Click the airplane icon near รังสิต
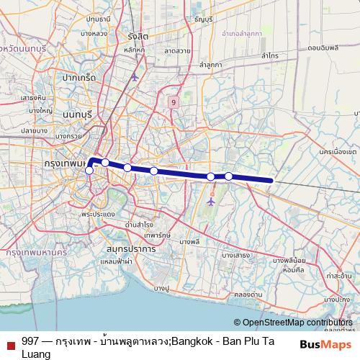(135, 76)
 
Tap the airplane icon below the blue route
(210, 202)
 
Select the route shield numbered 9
(174, 102)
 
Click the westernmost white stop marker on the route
(89, 171)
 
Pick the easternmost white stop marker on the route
(229, 176)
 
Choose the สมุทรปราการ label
(130, 248)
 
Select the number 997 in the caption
(31, 341)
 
